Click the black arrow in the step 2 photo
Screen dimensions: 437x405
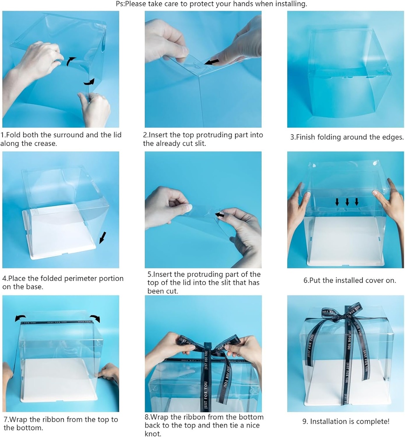(x=212, y=62)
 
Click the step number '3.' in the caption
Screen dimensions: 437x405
(x=293, y=137)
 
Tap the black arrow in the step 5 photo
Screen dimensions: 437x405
(x=219, y=215)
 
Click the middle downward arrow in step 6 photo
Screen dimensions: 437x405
(x=347, y=201)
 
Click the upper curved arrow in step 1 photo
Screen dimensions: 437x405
(x=71, y=61)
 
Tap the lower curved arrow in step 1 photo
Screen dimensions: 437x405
(x=89, y=82)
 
